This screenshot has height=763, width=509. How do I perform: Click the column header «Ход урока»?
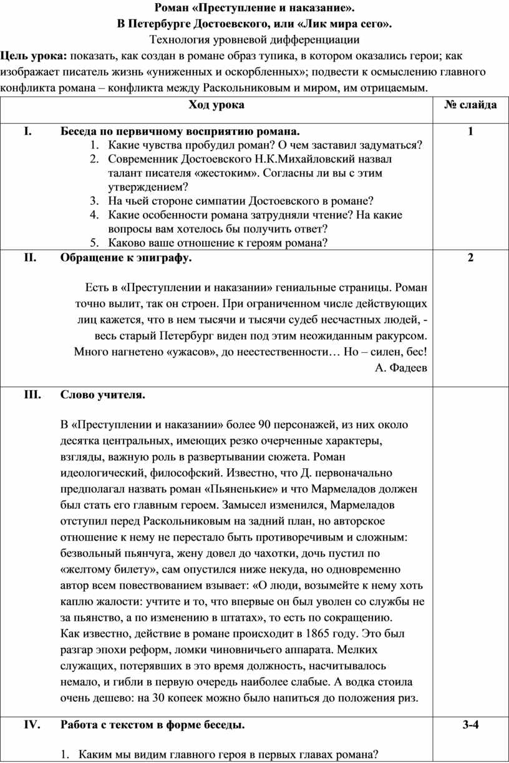click(216, 105)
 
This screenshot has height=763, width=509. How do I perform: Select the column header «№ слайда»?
click(470, 105)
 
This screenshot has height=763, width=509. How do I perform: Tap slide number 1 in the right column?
click(470, 132)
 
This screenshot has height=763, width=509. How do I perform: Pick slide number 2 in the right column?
click(470, 259)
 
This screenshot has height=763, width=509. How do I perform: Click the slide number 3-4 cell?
click(470, 725)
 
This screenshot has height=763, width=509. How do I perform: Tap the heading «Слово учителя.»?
click(103, 395)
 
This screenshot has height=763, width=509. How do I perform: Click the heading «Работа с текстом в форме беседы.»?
click(153, 725)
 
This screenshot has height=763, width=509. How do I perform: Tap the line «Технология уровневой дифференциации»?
click(254, 39)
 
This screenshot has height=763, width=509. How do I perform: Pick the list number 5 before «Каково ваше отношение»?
click(93, 243)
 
